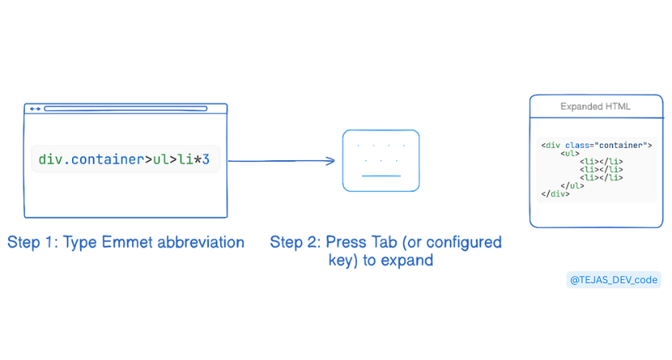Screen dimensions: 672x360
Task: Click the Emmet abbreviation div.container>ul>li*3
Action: point(124,159)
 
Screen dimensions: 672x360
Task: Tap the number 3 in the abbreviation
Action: point(206,159)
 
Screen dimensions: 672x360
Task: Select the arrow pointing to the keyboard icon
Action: point(281,161)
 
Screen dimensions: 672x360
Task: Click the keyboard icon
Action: point(381,161)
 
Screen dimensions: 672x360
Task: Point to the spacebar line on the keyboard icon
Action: point(381,176)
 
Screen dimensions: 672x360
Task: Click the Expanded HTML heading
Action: point(595,106)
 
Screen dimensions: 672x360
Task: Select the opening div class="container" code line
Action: point(597,146)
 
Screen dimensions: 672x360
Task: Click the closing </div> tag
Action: point(555,194)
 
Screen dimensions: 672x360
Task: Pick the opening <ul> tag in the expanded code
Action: point(570,154)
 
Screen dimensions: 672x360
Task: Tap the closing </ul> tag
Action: point(572,186)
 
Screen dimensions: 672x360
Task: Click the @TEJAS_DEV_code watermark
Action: point(614,280)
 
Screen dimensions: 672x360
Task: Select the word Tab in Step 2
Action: point(384,242)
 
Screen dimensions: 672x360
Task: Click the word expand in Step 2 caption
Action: point(406,260)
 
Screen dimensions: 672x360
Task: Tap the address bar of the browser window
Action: point(126,109)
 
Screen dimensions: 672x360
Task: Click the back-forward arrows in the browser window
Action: point(35,109)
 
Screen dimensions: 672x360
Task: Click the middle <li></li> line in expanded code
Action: point(602,170)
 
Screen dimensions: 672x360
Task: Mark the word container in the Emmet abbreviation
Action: point(107,159)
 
